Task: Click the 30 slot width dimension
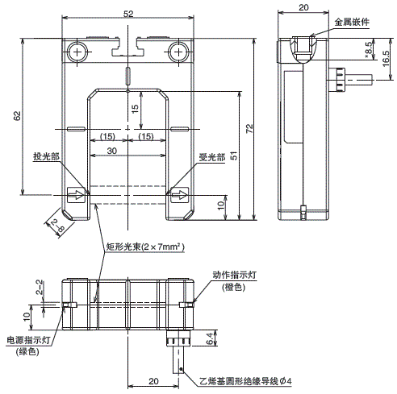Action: coord(111,150)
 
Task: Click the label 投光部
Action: coord(45,156)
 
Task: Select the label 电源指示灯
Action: coord(27,341)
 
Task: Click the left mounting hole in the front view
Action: coord(77,52)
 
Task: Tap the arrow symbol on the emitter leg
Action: coord(74,194)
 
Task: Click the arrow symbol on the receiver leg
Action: coord(179,194)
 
